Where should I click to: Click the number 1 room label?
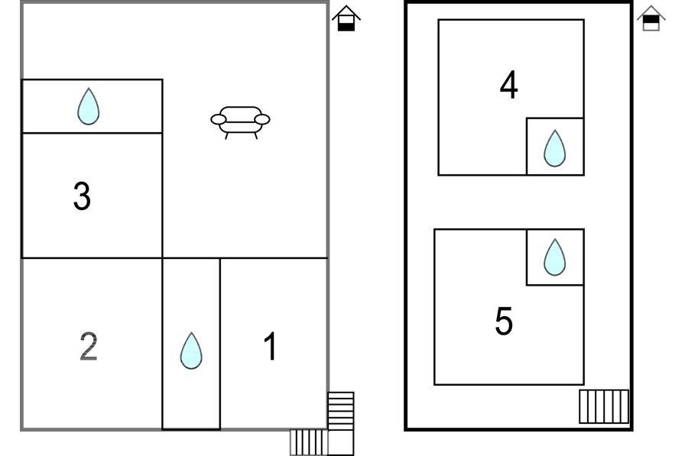(x=270, y=347)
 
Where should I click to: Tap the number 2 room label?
(x=89, y=347)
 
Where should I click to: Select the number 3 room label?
(x=82, y=196)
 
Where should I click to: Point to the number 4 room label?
(x=508, y=85)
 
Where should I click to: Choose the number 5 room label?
(x=503, y=321)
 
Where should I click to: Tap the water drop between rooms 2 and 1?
(x=191, y=351)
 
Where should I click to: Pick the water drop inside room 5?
(x=554, y=257)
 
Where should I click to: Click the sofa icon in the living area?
(x=240, y=120)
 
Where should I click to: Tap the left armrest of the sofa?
(x=219, y=119)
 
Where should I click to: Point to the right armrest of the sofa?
(x=262, y=119)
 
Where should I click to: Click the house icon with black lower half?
(x=346, y=19)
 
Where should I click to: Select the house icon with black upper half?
(x=651, y=18)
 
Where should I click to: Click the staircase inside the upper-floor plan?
(x=603, y=406)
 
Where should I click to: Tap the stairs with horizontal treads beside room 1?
(x=341, y=410)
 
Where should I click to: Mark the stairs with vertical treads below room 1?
(x=308, y=441)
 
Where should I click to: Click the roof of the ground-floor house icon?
(x=346, y=12)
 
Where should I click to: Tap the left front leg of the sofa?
(x=226, y=135)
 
